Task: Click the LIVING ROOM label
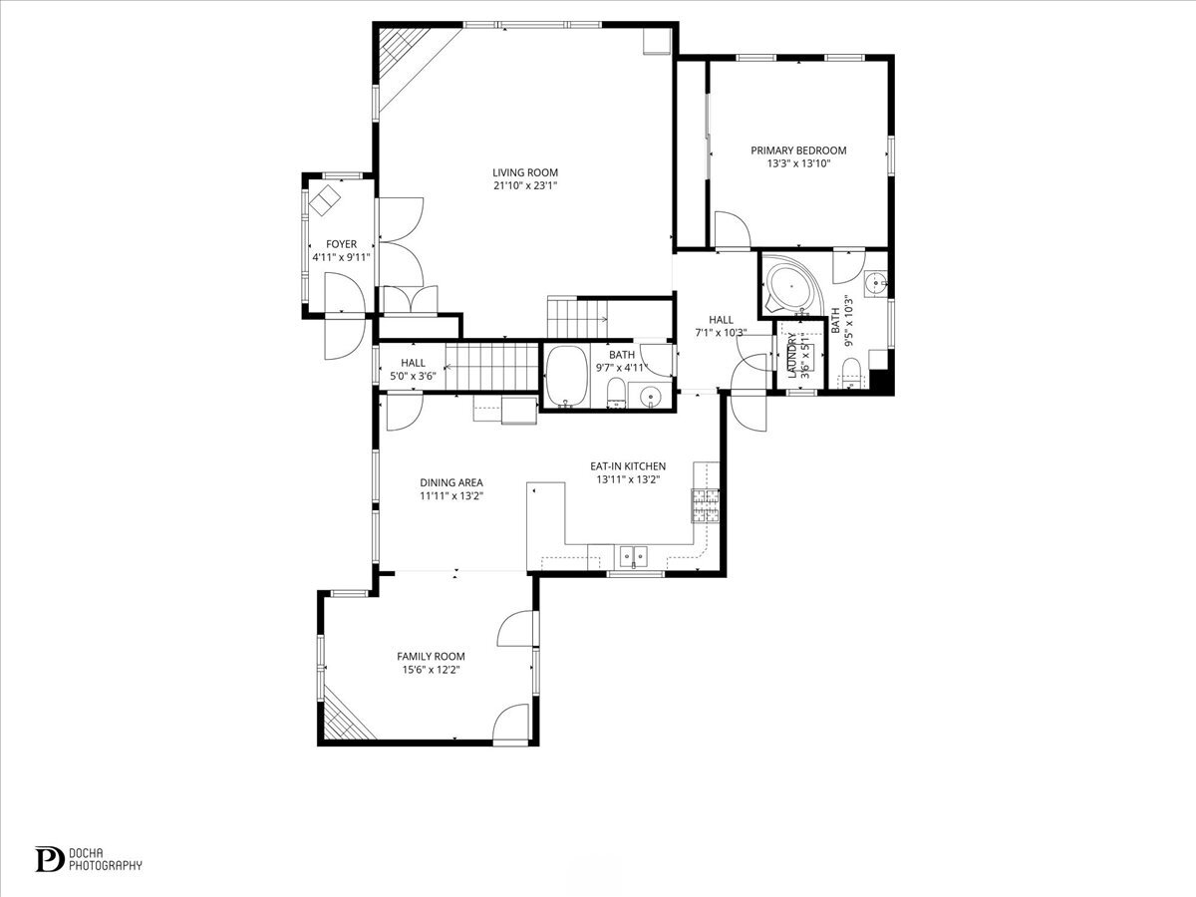pos(525,171)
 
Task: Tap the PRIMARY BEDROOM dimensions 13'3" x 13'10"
pos(798,163)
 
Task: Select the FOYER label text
pos(341,244)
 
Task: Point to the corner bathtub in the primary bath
pos(789,289)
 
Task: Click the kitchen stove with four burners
pos(706,505)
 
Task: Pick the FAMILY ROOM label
pos(431,656)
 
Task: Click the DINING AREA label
pos(450,482)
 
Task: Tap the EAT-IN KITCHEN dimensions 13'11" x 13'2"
pos(628,479)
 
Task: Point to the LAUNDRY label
pos(792,354)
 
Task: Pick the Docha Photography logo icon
pos(49,859)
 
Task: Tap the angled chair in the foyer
pos(325,202)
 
